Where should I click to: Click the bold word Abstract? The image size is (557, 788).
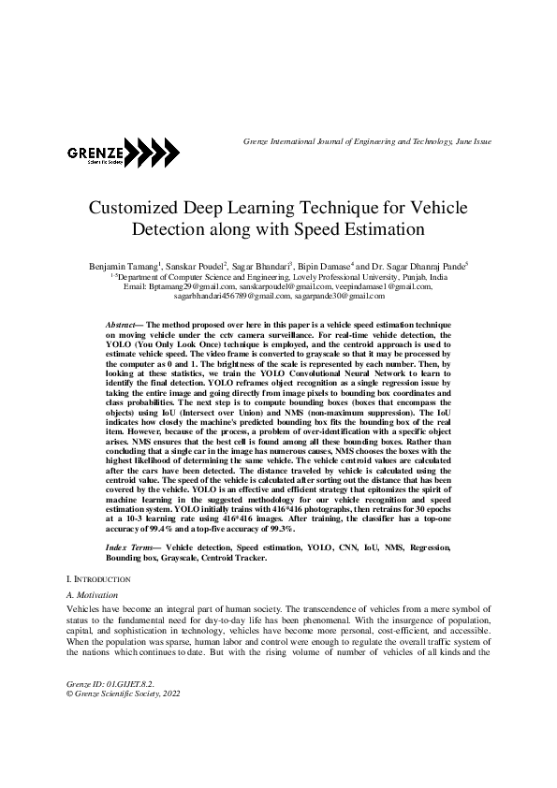pos(123,322)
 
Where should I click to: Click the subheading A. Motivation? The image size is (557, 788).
pos(93,595)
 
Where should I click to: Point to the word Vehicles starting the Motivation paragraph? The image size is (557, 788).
pos(84,608)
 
